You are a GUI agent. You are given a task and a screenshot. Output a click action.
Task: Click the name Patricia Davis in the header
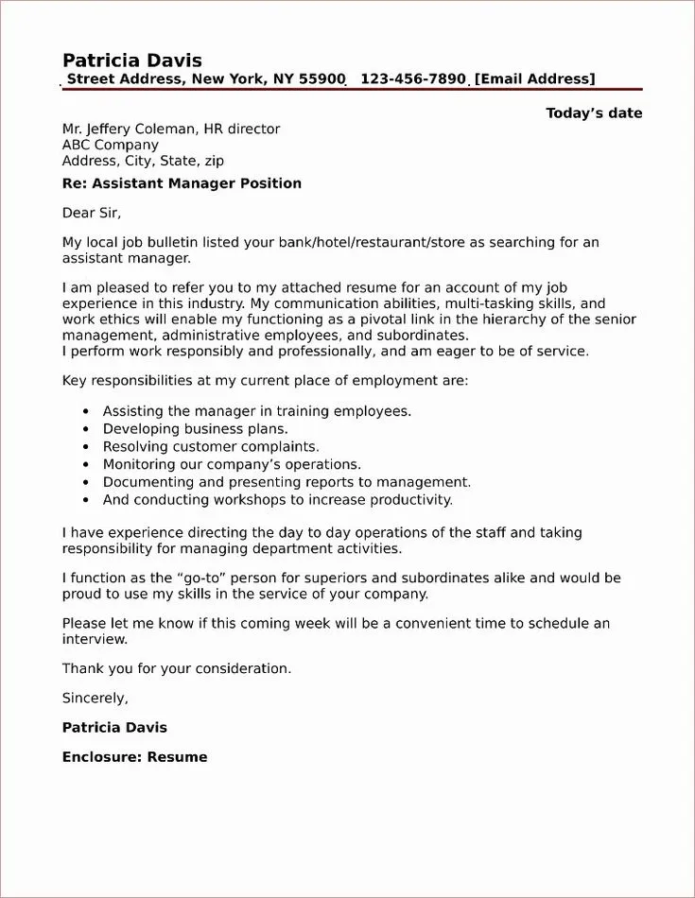click(132, 60)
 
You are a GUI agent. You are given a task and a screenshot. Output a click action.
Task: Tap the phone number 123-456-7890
click(412, 79)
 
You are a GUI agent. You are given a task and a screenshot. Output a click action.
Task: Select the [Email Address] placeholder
click(534, 79)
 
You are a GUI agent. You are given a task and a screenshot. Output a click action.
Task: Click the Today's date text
click(594, 113)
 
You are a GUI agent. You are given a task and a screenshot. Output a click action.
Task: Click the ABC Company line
click(110, 146)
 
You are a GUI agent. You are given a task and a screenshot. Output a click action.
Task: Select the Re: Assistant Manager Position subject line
click(182, 183)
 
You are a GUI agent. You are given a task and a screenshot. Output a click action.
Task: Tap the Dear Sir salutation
click(92, 213)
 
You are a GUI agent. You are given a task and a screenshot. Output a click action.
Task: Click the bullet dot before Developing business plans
click(86, 429)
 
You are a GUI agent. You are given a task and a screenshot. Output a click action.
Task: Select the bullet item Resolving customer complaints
click(211, 446)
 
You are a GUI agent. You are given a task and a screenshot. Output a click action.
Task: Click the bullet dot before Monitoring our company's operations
click(86, 464)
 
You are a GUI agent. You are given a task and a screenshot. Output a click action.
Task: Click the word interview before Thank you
click(95, 639)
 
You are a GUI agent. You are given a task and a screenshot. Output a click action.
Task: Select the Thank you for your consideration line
click(177, 668)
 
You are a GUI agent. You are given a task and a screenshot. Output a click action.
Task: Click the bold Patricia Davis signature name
click(114, 728)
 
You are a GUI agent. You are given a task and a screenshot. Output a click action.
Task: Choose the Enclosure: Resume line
click(134, 757)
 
